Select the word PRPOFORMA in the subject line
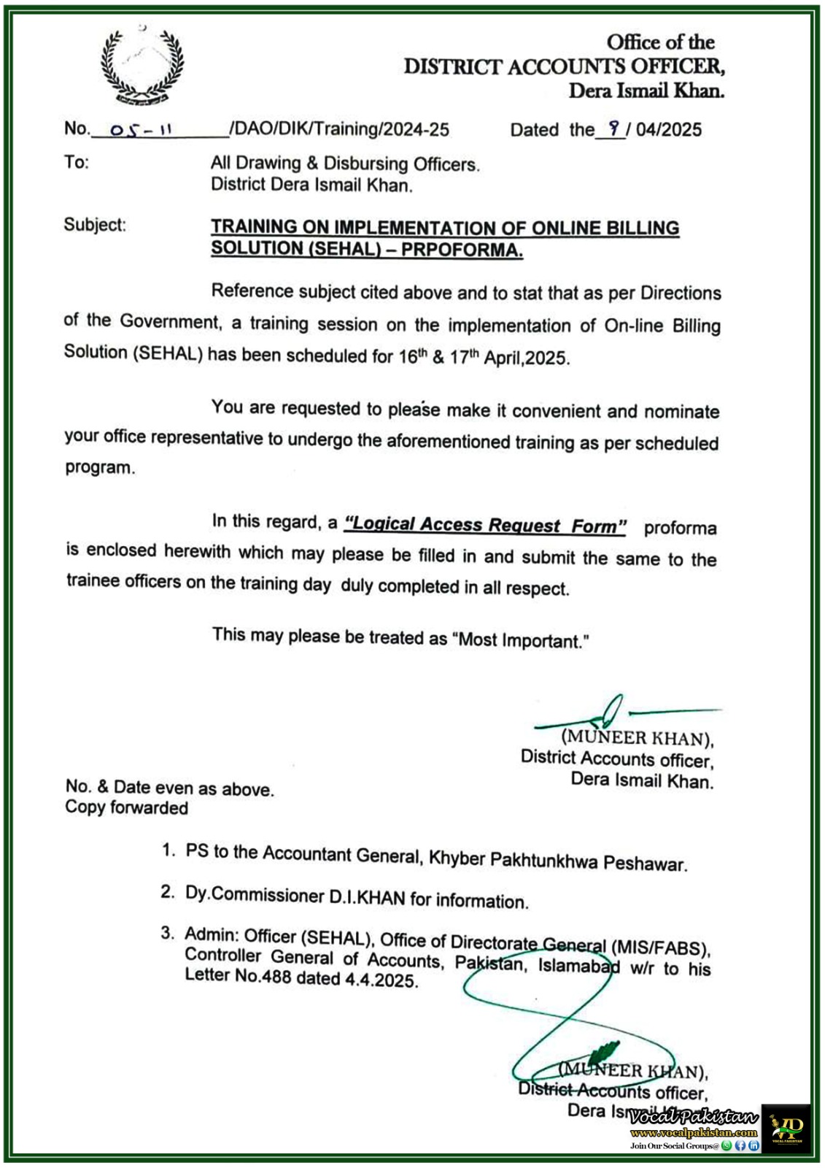462,250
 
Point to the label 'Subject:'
94,225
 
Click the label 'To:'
76,162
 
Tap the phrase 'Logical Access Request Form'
485,526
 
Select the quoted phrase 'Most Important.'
521,641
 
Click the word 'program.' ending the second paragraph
100,468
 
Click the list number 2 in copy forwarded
168,891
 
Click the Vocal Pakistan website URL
693,1132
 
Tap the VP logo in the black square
786,1128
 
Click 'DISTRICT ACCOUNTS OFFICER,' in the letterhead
565,66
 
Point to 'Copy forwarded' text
126,807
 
